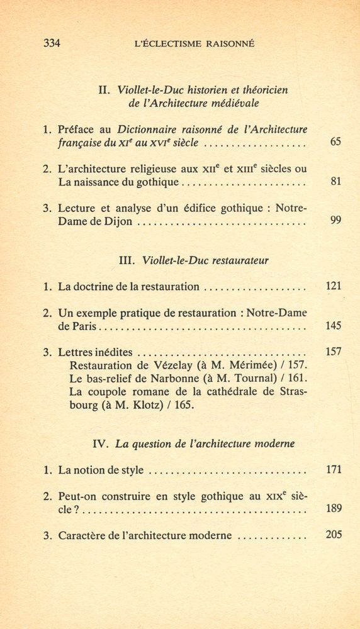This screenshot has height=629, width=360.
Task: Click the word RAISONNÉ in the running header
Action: [225, 44]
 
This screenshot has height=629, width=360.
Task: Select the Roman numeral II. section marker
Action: [105, 90]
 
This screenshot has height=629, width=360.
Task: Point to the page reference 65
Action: [335, 142]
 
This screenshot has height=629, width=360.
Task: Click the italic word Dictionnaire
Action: [150, 130]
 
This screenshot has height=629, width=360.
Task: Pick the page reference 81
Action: [335, 182]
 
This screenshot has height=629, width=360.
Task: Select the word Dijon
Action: [118, 222]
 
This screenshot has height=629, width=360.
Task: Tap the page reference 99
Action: [335, 221]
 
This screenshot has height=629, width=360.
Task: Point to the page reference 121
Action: [334, 286]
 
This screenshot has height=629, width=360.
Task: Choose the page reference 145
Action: [334, 326]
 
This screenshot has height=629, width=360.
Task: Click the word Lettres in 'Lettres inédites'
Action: [76, 352]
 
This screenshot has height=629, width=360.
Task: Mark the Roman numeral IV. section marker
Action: [101, 443]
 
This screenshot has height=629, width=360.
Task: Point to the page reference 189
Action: [334, 509]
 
